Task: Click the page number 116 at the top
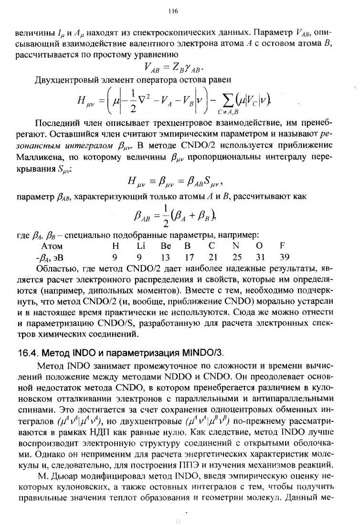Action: click(x=172, y=11)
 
